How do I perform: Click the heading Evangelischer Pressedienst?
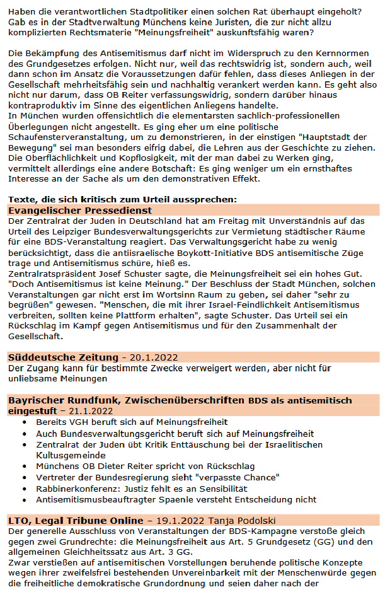click(80, 211)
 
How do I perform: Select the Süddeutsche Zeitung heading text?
click(63, 357)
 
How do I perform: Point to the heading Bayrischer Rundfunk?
click(64, 400)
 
